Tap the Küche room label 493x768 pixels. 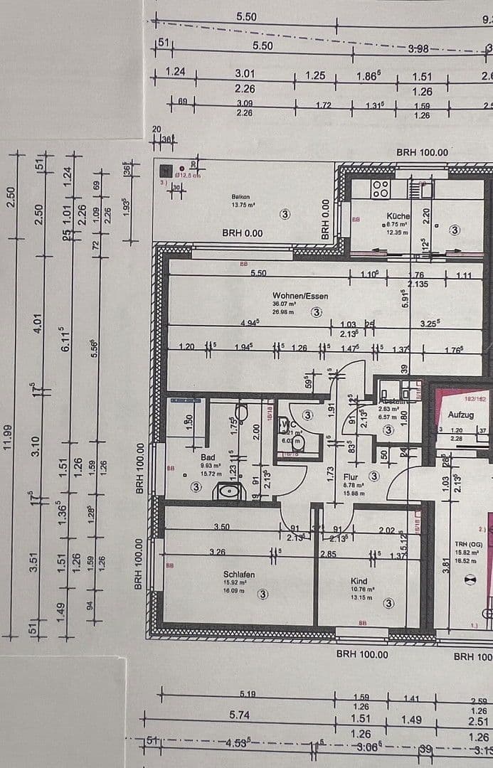398,215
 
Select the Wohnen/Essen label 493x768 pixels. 300,295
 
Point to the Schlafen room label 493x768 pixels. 238,575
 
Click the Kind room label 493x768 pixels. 359,581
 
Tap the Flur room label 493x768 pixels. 351,478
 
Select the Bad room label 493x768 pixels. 208,458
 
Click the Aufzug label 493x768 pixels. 461,415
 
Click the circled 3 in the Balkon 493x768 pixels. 285,213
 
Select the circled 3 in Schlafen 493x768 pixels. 263,594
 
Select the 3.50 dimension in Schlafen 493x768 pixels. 221,526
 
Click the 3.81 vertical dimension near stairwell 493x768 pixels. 445,565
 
